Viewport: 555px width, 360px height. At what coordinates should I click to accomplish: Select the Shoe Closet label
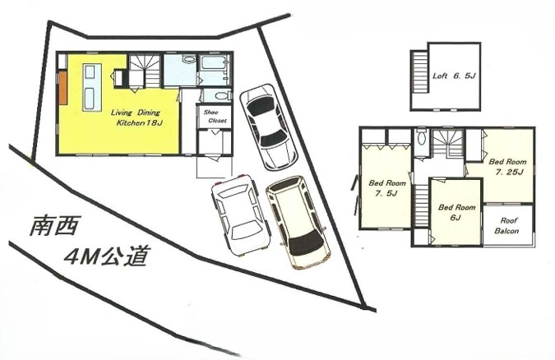(215, 117)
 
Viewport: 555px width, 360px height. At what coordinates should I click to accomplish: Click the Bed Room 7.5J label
(387, 188)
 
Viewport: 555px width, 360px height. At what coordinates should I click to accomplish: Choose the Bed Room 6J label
(456, 212)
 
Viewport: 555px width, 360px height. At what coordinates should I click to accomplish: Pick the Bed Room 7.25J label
(508, 167)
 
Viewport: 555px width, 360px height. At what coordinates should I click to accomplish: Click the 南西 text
(53, 226)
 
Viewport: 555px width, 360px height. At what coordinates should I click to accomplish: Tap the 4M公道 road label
(105, 256)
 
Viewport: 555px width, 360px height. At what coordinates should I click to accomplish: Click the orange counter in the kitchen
(63, 88)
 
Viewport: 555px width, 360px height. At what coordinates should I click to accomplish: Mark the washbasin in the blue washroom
(189, 59)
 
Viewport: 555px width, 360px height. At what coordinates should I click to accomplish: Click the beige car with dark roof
(298, 222)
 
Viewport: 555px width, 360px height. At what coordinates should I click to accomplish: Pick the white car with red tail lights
(241, 215)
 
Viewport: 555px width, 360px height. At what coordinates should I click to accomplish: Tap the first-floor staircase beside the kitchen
(145, 71)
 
